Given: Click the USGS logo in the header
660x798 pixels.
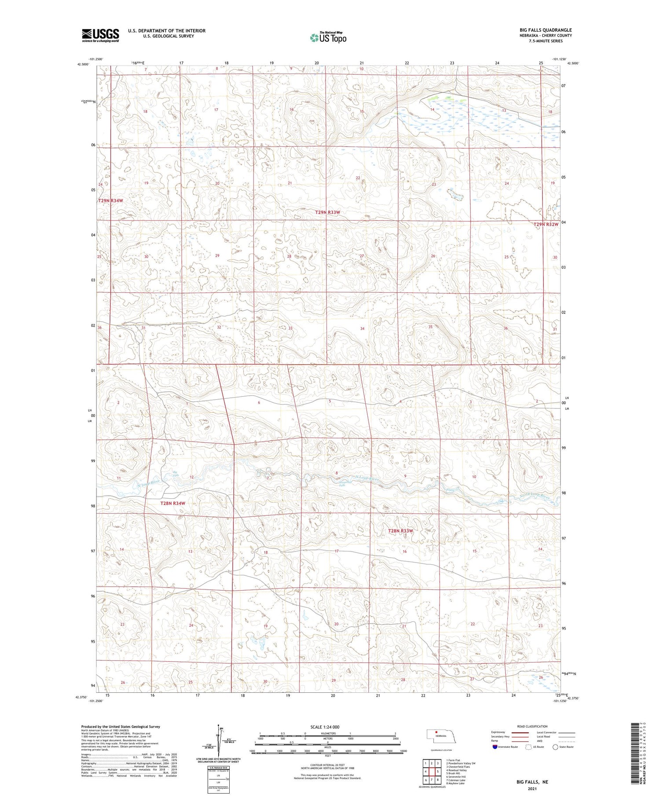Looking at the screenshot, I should (x=100, y=35).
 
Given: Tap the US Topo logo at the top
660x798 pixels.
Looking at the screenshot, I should (x=328, y=38).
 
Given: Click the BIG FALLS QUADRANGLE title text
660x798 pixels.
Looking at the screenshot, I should (x=545, y=30).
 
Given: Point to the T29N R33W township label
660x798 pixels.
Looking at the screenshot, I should (x=327, y=212).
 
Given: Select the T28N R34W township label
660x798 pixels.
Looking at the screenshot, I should (x=172, y=503).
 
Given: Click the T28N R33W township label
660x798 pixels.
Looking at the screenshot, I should (x=400, y=531).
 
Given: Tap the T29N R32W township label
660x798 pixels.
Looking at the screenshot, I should (x=546, y=224).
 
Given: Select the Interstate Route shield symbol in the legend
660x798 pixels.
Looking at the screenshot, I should (x=495, y=747).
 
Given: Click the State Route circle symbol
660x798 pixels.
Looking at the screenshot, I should (x=555, y=747).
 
